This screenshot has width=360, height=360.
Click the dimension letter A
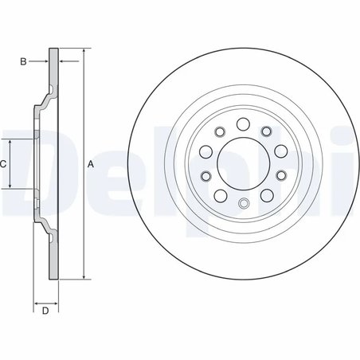point(91,164)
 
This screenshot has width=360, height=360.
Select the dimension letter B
point(24,61)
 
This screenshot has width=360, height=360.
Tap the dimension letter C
point(3,163)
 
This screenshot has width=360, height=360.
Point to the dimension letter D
point(45,311)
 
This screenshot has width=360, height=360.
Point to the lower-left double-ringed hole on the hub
point(206,177)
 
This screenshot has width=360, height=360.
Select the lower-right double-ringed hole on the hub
point(281,177)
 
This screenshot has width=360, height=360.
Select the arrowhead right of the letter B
point(45,61)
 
